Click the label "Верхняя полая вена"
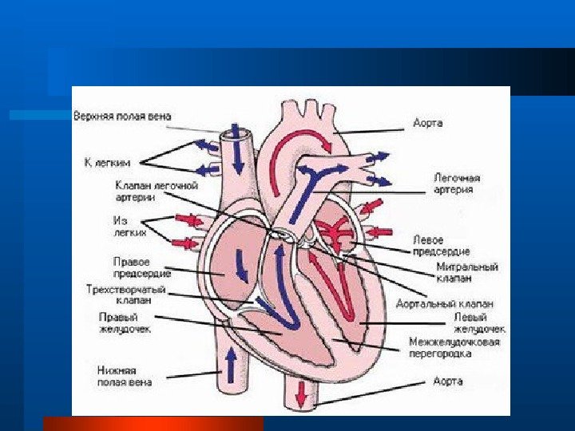click(121, 116)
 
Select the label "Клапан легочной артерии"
click(156, 192)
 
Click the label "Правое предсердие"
click(132, 267)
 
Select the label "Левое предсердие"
click(441, 245)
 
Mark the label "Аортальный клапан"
click(444, 303)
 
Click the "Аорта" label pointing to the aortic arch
click(427, 123)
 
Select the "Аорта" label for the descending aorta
click(448, 382)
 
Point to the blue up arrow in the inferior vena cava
click(231, 366)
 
